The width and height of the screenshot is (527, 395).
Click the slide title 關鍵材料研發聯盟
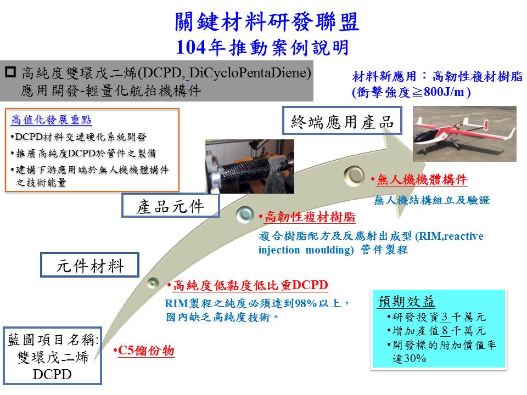(267, 21)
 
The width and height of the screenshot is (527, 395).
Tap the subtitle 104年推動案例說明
(262, 47)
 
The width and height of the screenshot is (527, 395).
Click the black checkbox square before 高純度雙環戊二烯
(10, 72)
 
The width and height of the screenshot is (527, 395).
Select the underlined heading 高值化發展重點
(52, 120)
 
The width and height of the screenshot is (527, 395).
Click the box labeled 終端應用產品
(342, 121)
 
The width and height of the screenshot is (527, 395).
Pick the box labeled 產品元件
(170, 206)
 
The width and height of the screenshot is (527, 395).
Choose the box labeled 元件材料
(89, 265)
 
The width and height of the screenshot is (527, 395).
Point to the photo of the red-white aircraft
(464, 134)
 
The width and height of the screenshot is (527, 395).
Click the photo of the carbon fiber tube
(250, 166)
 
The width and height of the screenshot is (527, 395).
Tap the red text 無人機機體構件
(422, 180)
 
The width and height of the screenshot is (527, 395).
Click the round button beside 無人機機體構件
(354, 176)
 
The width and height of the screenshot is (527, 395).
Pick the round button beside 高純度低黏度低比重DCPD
(153, 283)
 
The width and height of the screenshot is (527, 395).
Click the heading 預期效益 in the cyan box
(406, 301)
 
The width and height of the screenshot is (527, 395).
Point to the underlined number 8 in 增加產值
(445, 331)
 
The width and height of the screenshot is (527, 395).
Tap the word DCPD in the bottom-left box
(52, 374)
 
